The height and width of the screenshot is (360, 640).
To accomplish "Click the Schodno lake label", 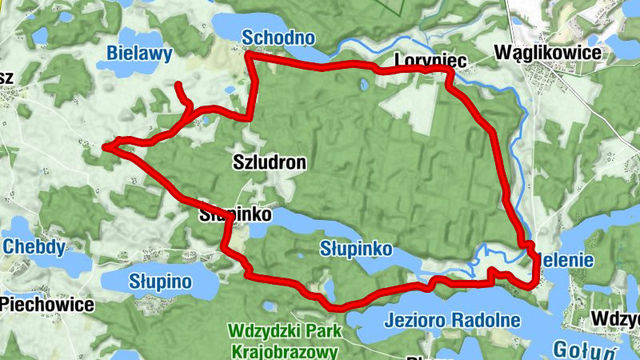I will point(278,38).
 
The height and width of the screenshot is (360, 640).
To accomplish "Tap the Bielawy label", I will point(140,54).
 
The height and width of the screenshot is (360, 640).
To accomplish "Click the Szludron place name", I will point(270,162).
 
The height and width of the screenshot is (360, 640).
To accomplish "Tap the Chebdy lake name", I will point(34,246).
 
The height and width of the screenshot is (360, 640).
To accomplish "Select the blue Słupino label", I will point(161,282).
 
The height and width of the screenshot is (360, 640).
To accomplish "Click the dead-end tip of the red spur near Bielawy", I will point(177,85).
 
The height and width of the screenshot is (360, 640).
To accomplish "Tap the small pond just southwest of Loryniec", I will point(363,82).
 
